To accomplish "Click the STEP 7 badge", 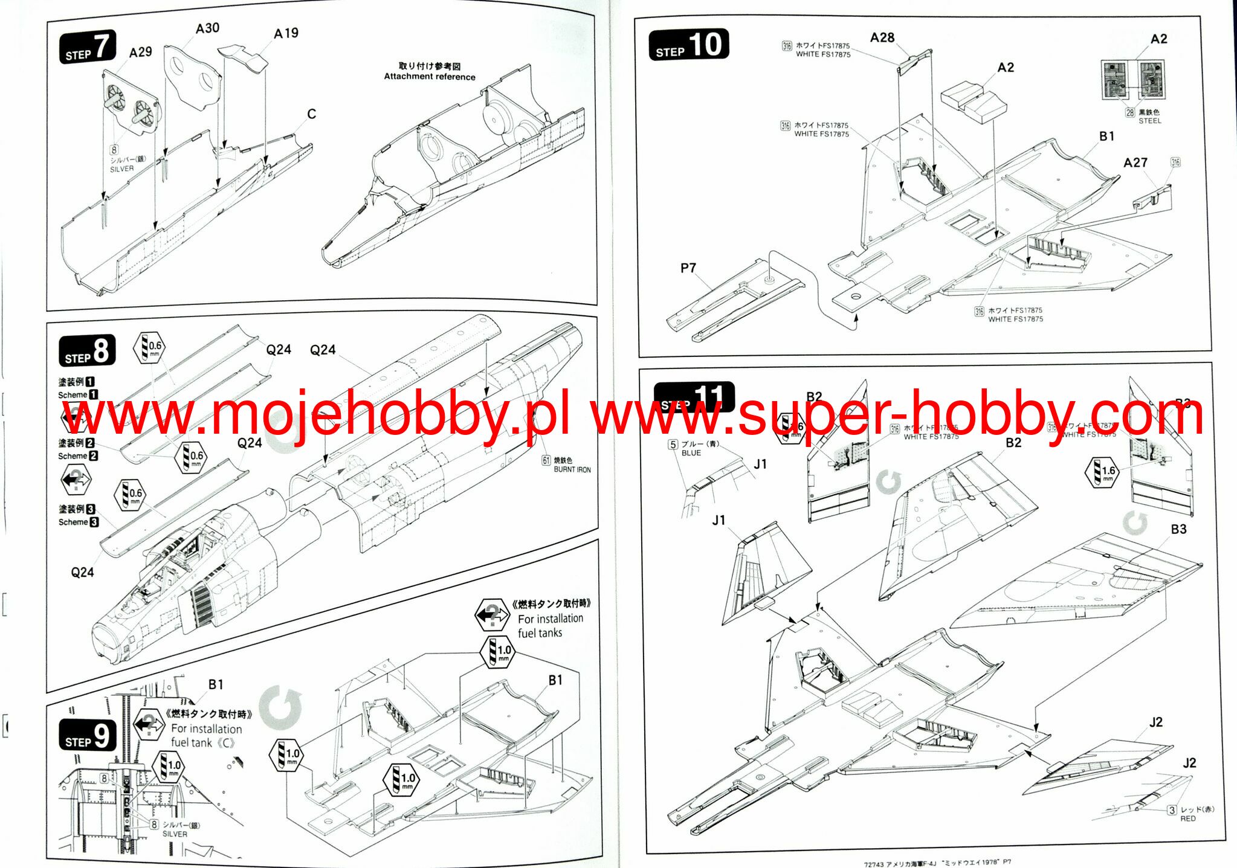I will tap(87, 47).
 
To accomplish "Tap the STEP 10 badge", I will tap(688, 45).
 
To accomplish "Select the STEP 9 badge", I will tap(87, 736).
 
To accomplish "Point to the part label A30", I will tap(207, 28).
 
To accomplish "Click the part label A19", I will tap(286, 33).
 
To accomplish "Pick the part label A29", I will tap(140, 53).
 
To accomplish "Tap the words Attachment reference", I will tap(430, 77).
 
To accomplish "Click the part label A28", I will tap(882, 37).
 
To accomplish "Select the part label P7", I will tap(688, 268).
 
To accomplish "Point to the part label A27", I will tap(1135, 162).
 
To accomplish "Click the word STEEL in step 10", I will tap(1149, 121).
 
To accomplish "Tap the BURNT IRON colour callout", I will tap(572, 469).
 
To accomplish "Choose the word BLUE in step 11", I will tap(691, 453).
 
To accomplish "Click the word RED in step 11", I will tap(1187, 818).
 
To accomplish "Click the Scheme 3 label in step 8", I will tap(78, 522).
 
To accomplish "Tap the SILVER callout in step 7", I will tap(121, 169).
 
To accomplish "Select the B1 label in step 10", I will tap(1106, 137).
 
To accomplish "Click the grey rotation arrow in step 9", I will tap(280, 707).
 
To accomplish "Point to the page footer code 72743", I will tap(874, 864).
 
